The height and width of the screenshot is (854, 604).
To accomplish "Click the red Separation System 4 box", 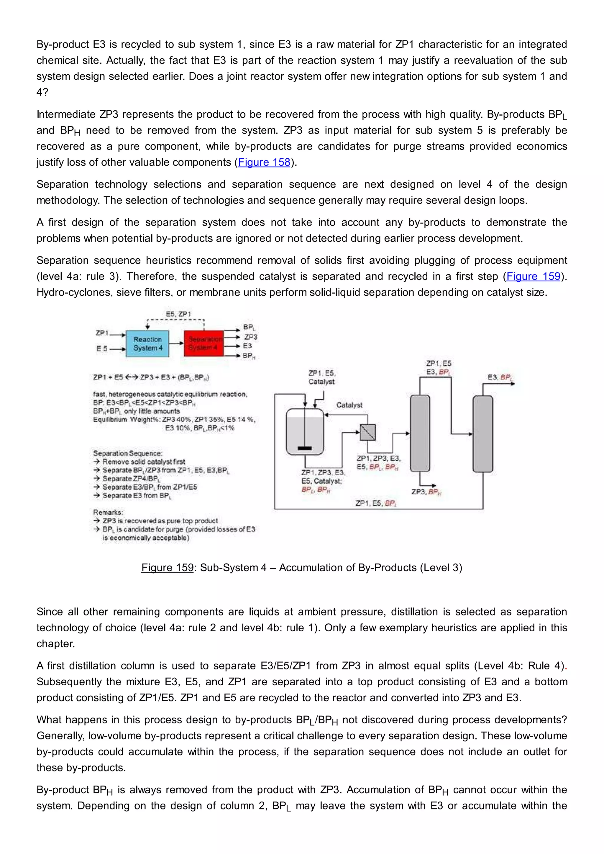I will [204, 343].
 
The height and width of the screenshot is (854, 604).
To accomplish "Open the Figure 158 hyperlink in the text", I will [264, 162].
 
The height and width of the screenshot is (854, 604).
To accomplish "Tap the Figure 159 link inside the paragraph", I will [533, 276].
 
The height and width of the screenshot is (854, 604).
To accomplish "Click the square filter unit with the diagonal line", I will [367, 433].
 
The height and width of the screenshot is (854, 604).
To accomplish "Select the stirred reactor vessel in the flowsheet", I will [305, 431].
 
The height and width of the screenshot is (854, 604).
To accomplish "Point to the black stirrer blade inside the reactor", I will [305, 449].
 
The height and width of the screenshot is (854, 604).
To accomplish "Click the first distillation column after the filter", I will [420, 433].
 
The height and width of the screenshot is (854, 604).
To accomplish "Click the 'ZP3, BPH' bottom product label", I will [426, 492].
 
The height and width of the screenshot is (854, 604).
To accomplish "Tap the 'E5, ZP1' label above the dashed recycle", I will [178, 314].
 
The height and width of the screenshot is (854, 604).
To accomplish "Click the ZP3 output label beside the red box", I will [251, 337].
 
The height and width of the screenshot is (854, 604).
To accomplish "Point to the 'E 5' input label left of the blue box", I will [102, 349].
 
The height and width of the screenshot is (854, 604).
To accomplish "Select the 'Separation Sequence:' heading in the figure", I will [128, 453].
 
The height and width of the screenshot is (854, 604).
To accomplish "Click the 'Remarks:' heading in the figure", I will [108, 512].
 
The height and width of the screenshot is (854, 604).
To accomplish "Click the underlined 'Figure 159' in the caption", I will [167, 568].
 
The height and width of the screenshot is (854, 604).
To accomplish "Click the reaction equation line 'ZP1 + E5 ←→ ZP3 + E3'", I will [151, 377].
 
